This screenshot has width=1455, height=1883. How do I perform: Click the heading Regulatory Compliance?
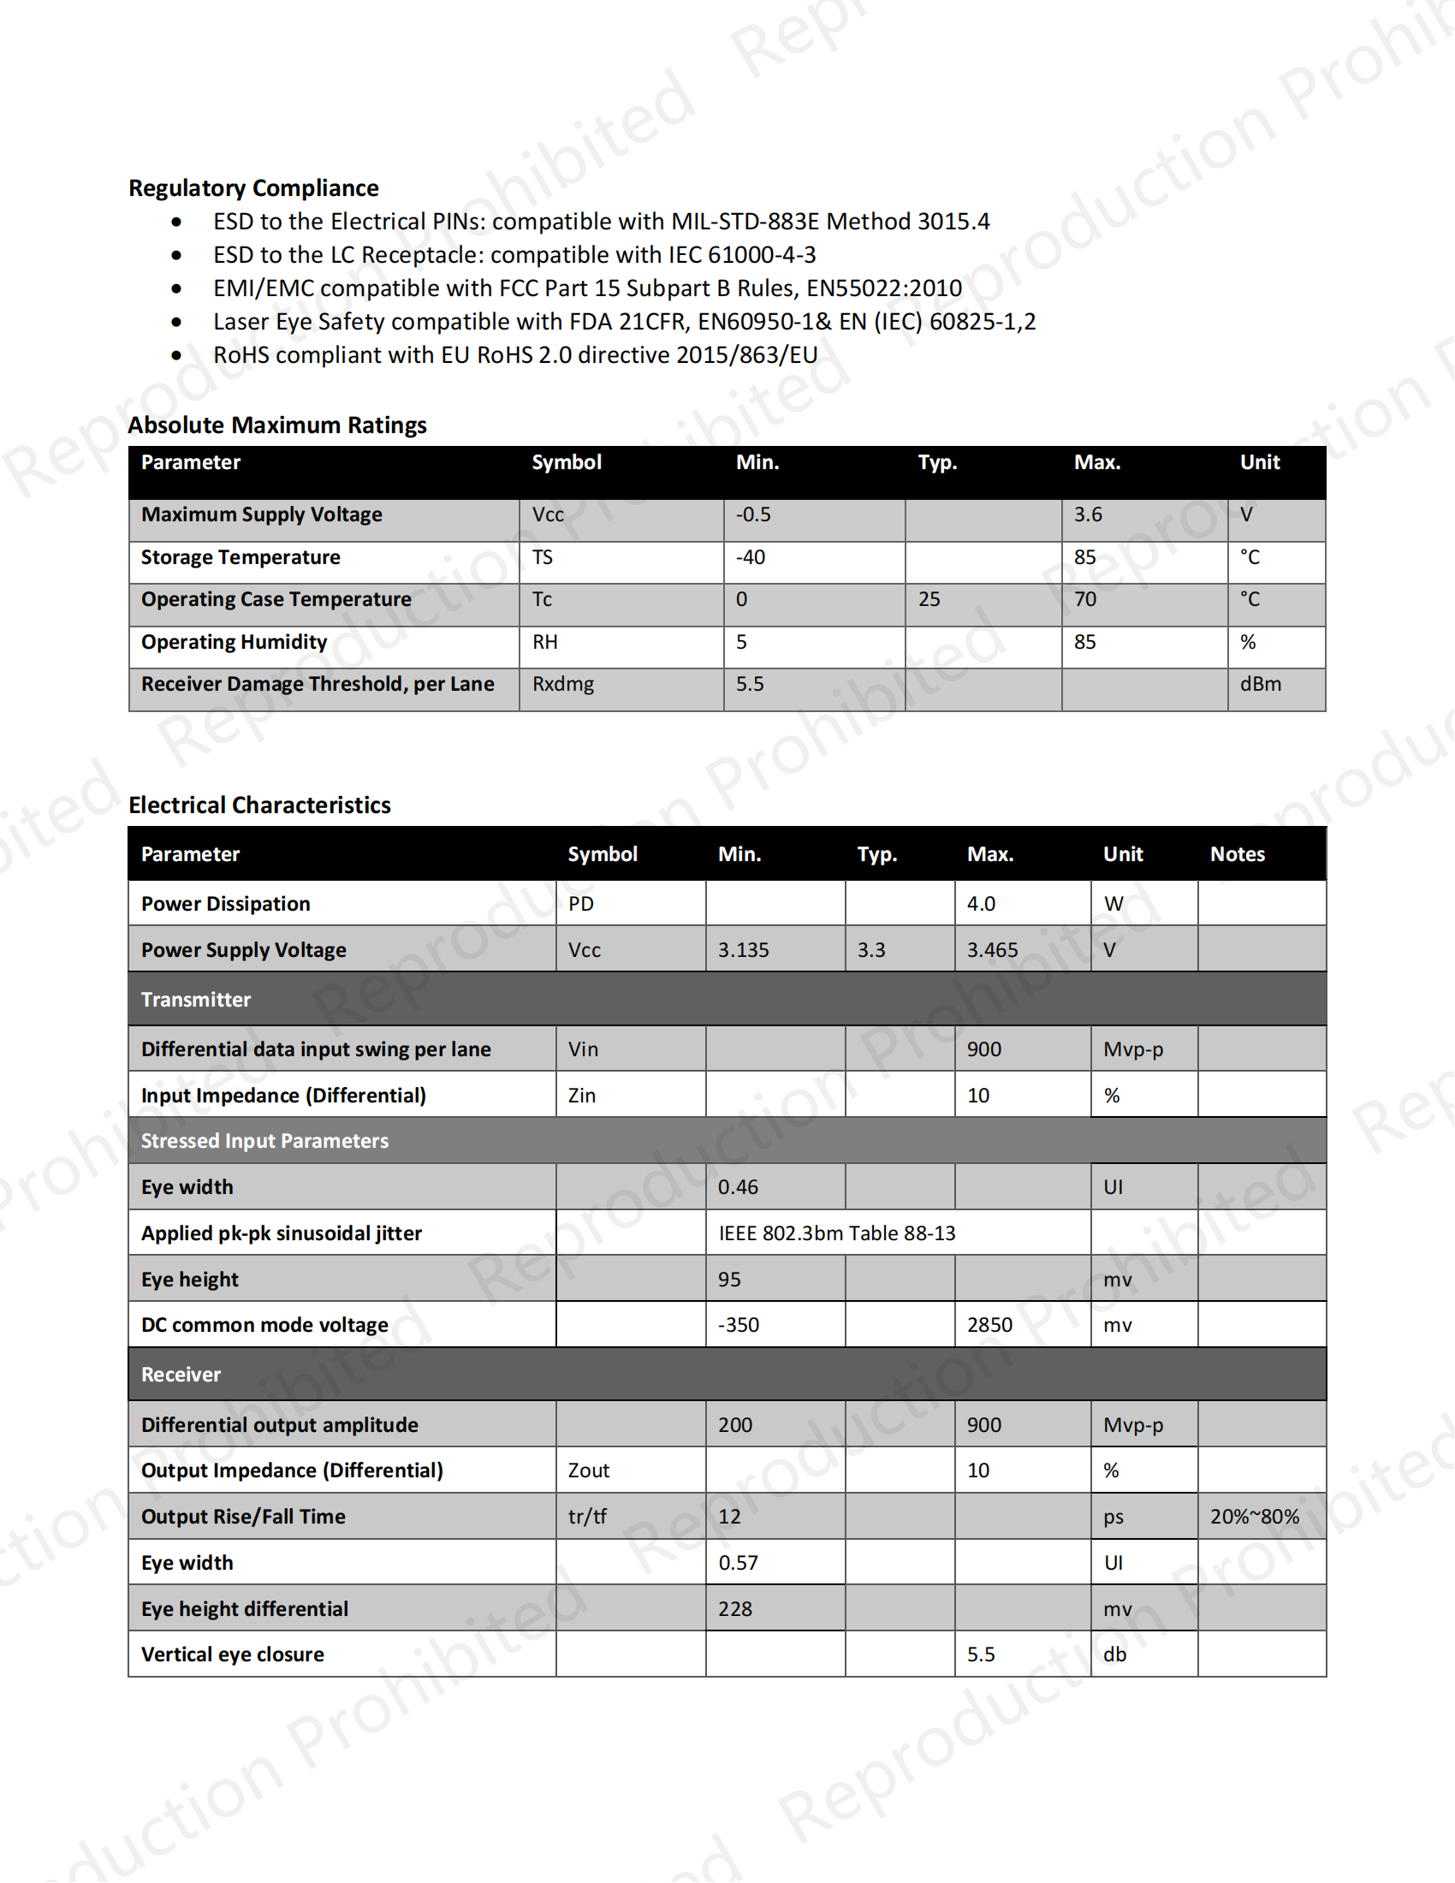[253, 188]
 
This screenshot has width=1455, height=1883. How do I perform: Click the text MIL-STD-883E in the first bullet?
[745, 222]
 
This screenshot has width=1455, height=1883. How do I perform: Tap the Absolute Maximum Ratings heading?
[276, 425]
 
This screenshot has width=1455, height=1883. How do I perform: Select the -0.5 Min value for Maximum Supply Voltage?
[753, 514]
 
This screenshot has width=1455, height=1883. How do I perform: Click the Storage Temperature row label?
[241, 558]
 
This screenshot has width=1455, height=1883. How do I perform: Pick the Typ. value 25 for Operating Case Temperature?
[929, 599]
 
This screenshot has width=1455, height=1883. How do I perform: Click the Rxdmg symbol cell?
[563, 685]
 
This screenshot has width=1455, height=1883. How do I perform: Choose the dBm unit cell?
[1260, 685]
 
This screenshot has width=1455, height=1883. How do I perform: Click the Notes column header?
[1237, 854]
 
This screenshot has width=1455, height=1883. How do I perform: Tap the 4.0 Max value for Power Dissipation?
[981, 905]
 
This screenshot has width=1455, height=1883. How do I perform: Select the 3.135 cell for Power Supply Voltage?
[743, 950]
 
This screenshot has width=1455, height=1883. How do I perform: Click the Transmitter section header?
[196, 1000]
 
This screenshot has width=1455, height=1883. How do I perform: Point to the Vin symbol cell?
[583, 1050]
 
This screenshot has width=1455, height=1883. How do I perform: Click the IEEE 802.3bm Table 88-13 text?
[837, 1233]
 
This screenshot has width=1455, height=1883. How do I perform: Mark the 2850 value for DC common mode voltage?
[989, 1325]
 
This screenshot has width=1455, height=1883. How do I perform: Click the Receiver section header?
[181, 1375]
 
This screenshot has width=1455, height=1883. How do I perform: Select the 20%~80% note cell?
[1254, 1518]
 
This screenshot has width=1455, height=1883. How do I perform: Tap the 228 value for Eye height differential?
[735, 1610]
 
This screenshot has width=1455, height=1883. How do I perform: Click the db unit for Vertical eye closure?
[1114, 1655]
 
